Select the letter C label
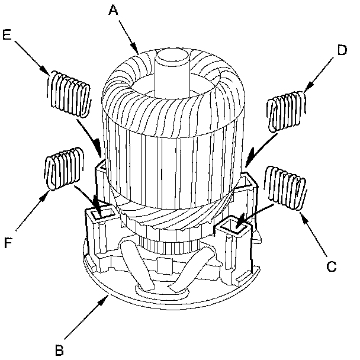pos(332,266)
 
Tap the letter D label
pos(341,51)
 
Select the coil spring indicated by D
pos(287,110)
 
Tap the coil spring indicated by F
pos(62,172)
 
